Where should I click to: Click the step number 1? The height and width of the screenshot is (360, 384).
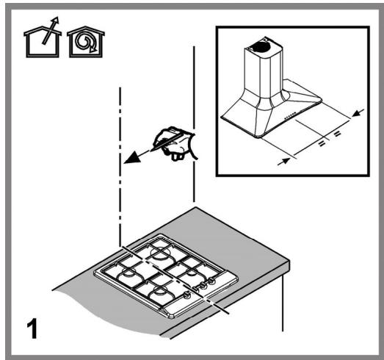(x=32, y=328)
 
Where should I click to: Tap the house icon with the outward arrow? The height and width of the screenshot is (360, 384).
(x=43, y=38)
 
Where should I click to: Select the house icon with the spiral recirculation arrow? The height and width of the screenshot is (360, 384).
(x=86, y=42)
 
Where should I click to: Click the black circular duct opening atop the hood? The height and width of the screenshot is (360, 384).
(x=260, y=46)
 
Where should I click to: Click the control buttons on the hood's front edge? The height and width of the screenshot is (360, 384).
(x=291, y=116)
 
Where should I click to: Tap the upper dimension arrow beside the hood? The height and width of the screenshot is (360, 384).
(x=358, y=112)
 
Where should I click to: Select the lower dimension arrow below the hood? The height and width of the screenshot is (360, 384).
(x=284, y=162)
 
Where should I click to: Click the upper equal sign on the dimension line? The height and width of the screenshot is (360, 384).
(x=337, y=134)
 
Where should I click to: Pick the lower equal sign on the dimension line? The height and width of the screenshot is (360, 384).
(x=322, y=143)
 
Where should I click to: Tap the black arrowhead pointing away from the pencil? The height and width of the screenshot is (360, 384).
(x=133, y=157)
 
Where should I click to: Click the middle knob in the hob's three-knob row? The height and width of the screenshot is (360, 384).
(x=203, y=285)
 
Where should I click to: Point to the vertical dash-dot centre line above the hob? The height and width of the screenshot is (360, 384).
(x=120, y=167)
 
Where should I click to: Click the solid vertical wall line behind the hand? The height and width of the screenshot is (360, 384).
(x=195, y=123)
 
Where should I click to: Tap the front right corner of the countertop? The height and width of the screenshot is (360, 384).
(x=290, y=262)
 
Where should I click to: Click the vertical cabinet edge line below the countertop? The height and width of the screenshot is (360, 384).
(x=283, y=303)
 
